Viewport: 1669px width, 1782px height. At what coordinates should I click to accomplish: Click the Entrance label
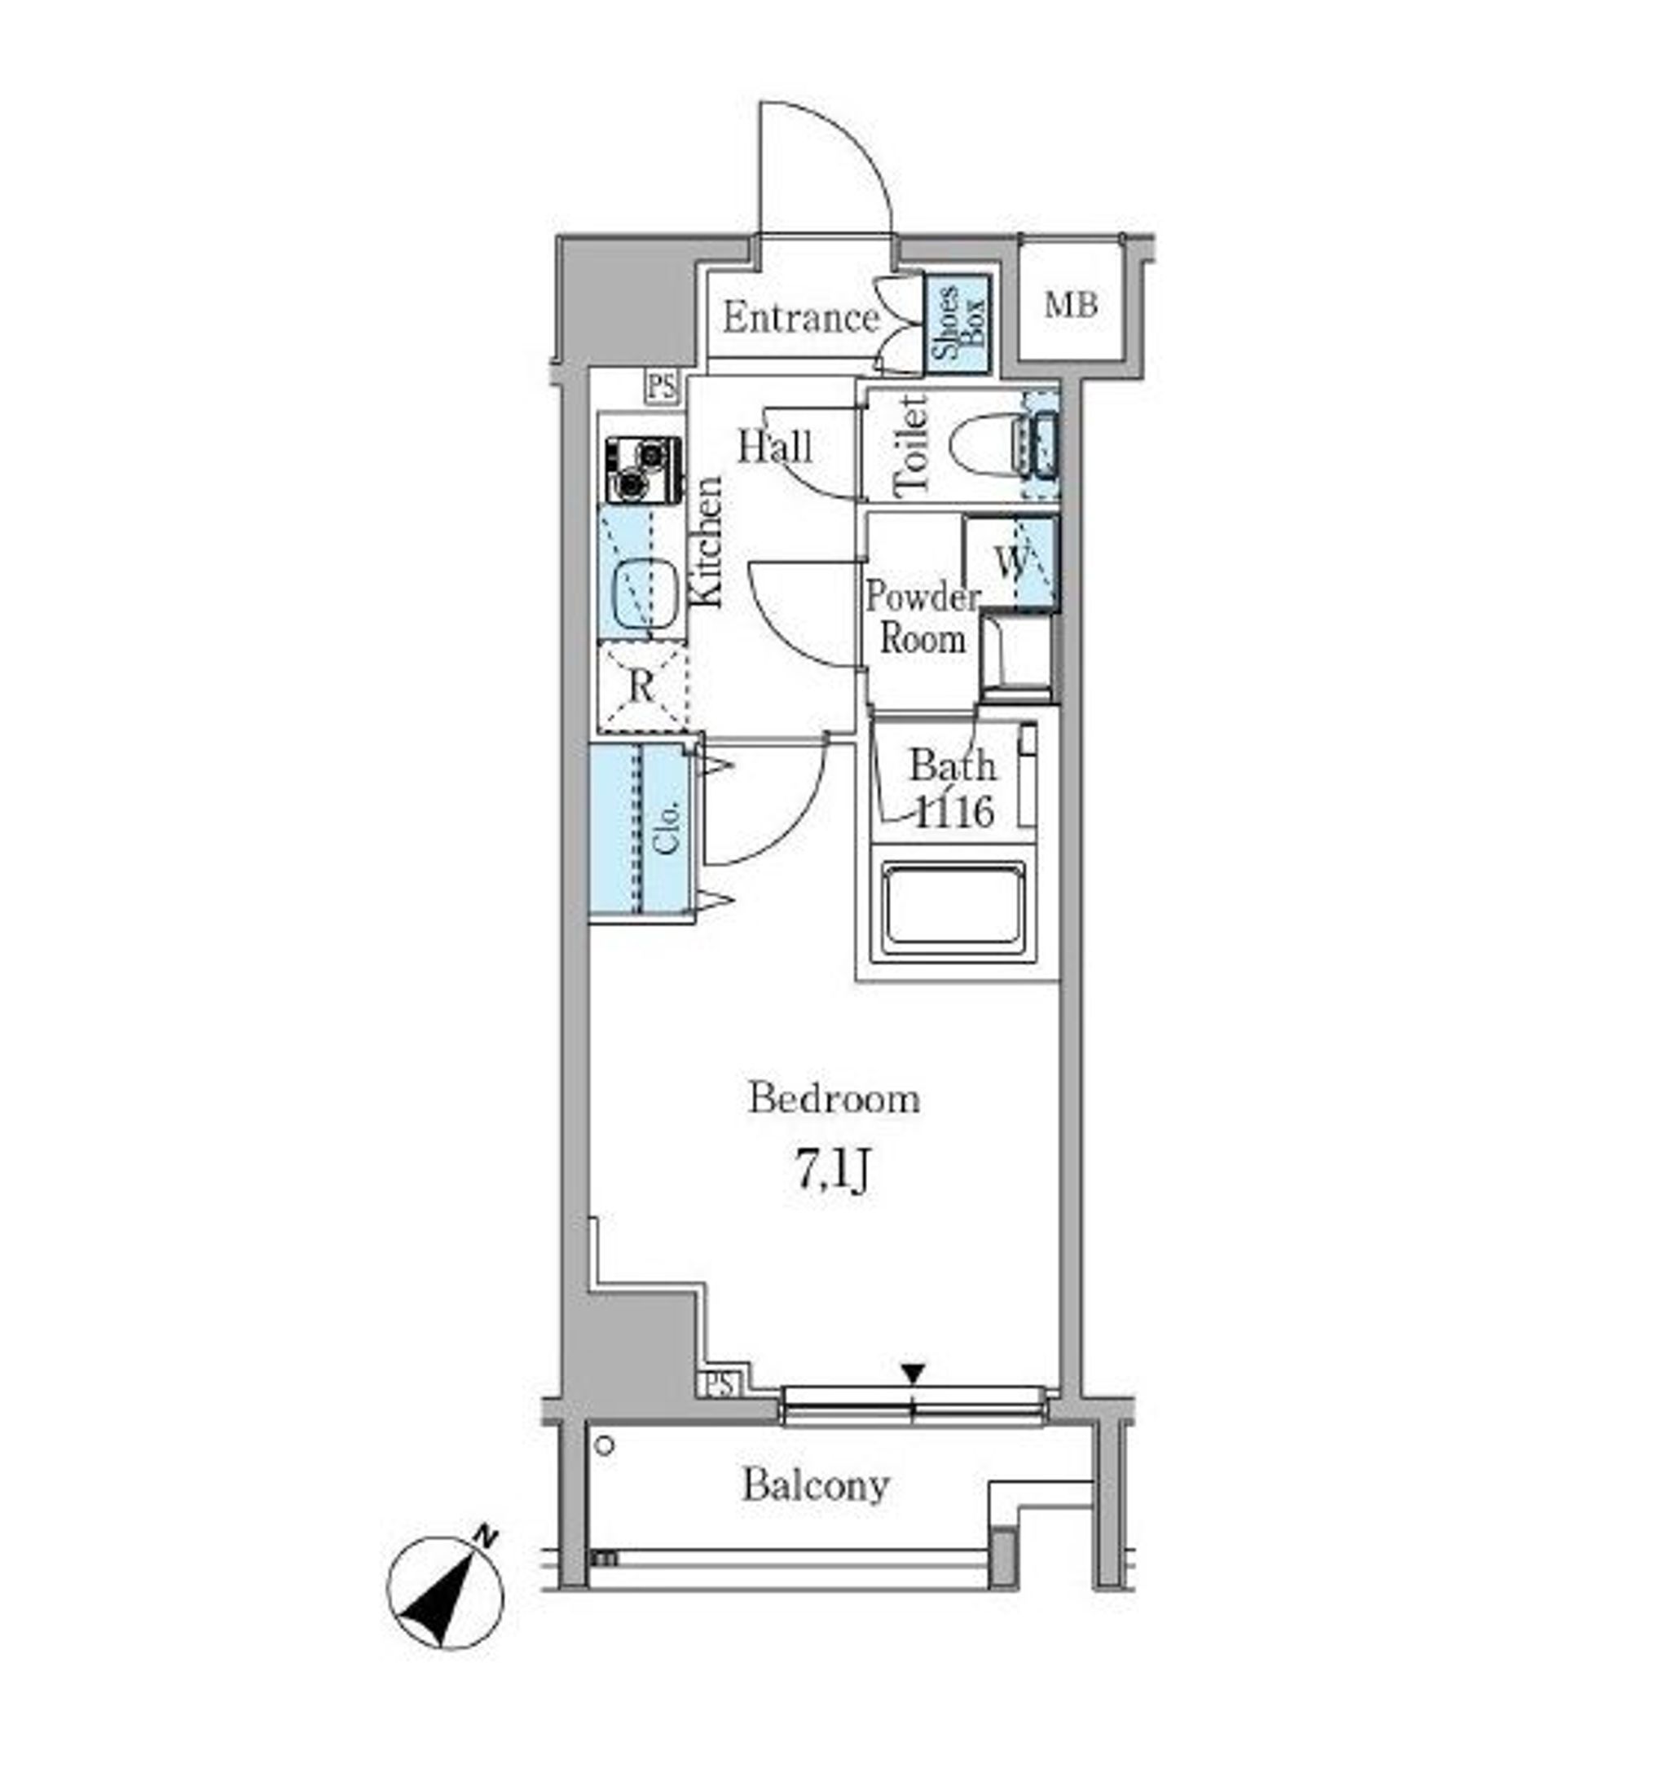click(x=800, y=318)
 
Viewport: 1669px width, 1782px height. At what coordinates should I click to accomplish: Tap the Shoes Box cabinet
click(x=957, y=324)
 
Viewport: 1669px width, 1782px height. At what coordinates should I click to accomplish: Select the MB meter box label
click(x=1070, y=306)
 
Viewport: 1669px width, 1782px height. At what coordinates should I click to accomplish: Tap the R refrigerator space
click(x=642, y=687)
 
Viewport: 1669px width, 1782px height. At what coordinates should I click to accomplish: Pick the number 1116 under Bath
click(x=953, y=812)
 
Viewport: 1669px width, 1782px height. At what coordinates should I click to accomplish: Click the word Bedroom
click(x=834, y=1098)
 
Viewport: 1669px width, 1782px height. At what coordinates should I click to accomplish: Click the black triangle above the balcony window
click(x=913, y=1374)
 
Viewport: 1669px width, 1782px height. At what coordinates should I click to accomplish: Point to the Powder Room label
click(x=923, y=619)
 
